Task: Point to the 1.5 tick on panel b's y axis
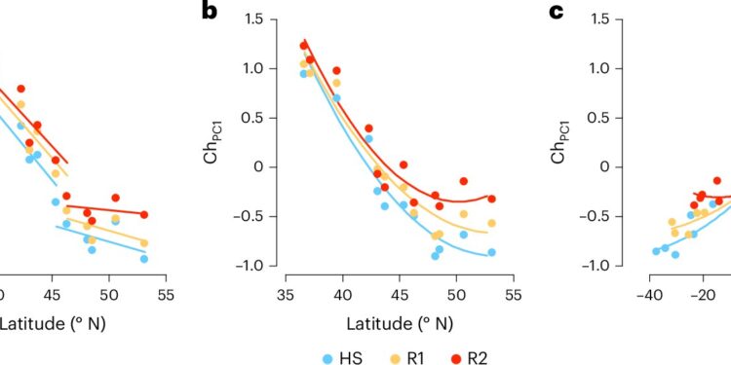pyautogui.click(x=257, y=18)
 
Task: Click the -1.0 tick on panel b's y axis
pyautogui.click(x=254, y=266)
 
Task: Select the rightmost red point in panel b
pyautogui.click(x=492, y=199)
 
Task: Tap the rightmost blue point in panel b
pyautogui.click(x=492, y=252)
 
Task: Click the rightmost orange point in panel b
pyautogui.click(x=492, y=223)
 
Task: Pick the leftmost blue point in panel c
pyautogui.click(x=656, y=251)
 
